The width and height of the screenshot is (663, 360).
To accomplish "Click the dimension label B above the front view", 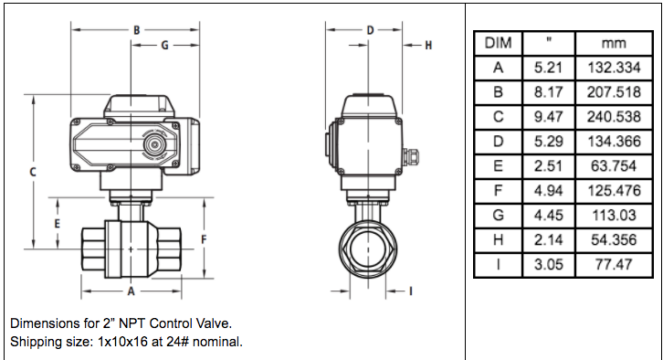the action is [137, 30].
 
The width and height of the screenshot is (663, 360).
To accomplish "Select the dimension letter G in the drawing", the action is [164, 45].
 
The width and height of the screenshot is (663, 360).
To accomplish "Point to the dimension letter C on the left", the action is [33, 172].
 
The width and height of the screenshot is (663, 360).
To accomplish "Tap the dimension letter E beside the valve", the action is [58, 223].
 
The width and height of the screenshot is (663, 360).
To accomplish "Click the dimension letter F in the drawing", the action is [204, 240].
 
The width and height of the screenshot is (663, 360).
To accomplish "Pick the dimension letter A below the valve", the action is [132, 291].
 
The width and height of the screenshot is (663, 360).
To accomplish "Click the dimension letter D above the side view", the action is [370, 30].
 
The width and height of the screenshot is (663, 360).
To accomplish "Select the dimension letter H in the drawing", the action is [428, 46].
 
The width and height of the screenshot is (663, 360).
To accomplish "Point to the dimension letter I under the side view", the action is [411, 291].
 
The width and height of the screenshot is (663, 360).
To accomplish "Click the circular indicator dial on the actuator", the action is [154, 144].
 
